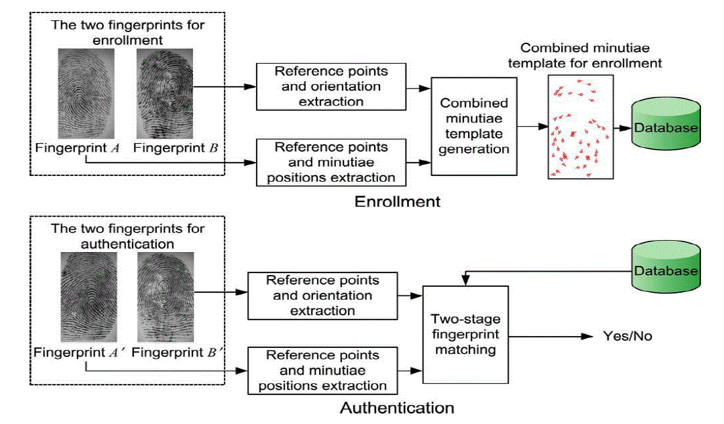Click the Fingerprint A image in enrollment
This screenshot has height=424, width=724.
(86, 93)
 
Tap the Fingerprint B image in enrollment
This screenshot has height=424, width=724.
(164, 93)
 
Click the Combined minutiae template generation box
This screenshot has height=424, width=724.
(474, 125)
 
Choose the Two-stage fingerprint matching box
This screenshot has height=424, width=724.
(467, 334)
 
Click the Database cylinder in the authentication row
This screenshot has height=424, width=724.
(666, 268)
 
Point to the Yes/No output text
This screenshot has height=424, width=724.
(628, 337)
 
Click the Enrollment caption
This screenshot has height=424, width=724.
(397, 201)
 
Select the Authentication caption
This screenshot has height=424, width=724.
(396, 408)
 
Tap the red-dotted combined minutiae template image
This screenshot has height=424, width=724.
(580, 126)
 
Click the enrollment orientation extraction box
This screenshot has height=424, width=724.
(331, 87)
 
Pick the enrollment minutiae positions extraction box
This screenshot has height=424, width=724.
(331, 162)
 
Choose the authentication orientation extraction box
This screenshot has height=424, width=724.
(322, 295)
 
